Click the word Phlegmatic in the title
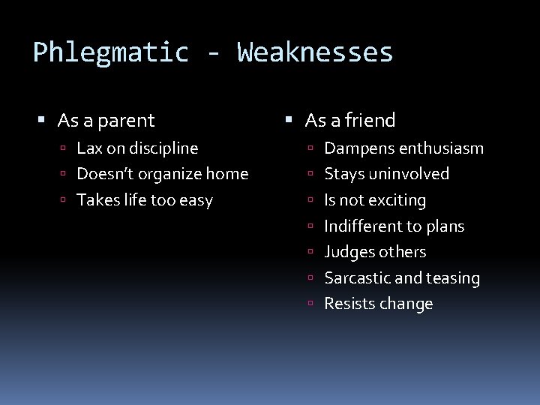[x=110, y=52]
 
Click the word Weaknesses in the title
[x=315, y=52]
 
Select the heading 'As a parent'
[x=106, y=120]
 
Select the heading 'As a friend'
[x=350, y=120]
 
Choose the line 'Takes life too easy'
[x=145, y=200]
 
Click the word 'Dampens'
[x=352, y=148]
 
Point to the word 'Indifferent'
[x=361, y=226]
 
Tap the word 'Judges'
[x=347, y=252]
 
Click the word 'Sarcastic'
[x=357, y=278]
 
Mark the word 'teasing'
[x=454, y=278]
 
